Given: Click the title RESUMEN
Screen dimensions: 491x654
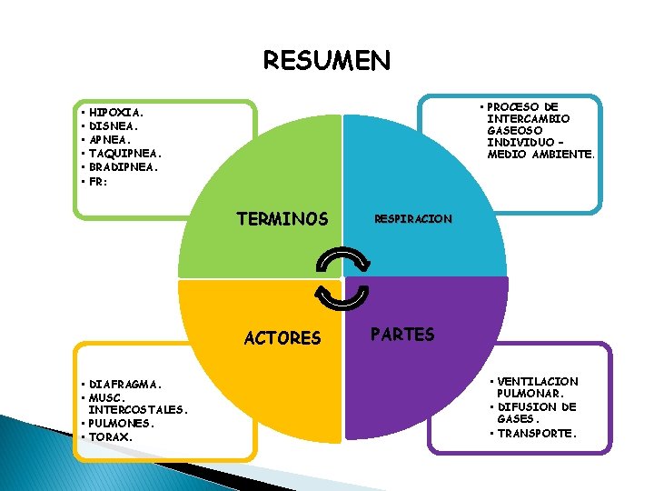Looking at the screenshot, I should [x=327, y=60].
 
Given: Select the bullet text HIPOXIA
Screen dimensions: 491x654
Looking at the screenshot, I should [x=116, y=113].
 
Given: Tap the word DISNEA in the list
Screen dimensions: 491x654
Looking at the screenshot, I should [x=114, y=126].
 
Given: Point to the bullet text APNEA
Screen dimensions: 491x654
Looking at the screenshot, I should [x=110, y=140].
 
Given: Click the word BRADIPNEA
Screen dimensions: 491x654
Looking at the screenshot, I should [x=124, y=167].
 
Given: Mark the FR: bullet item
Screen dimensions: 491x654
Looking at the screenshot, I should [x=98, y=181].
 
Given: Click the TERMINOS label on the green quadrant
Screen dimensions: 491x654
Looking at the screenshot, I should [x=282, y=219].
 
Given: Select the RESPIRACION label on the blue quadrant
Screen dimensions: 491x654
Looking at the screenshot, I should [x=413, y=219].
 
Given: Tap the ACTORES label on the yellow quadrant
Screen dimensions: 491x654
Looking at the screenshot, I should [x=282, y=338].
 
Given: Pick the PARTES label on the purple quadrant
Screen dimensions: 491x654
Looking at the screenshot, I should [x=402, y=334].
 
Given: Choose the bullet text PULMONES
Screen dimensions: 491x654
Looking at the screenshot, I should [x=122, y=423].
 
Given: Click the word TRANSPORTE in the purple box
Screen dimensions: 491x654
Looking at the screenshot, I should [x=537, y=433].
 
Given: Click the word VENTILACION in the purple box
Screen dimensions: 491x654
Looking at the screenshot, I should [x=538, y=381].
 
